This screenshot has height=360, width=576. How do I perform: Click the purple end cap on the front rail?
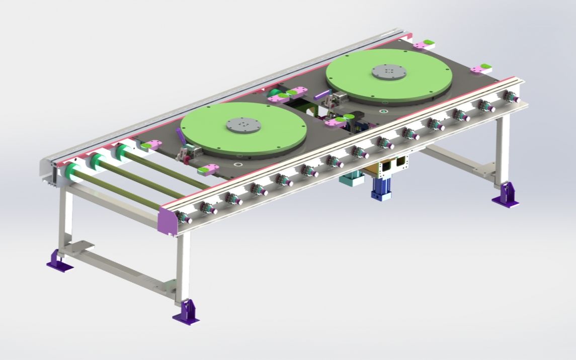[x=167, y=219]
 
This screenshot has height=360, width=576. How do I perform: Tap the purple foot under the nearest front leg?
[x=186, y=313]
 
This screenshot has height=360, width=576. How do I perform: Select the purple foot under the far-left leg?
[x=58, y=262]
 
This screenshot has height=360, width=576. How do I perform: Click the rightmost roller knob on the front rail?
[x=511, y=97]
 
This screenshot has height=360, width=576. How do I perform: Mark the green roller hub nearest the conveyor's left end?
[x=73, y=171]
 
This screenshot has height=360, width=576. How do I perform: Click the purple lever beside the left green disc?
[x=180, y=136]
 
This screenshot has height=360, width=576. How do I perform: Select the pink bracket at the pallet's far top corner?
[x=424, y=44]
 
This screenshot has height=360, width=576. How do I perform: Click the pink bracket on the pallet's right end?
[x=481, y=68]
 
